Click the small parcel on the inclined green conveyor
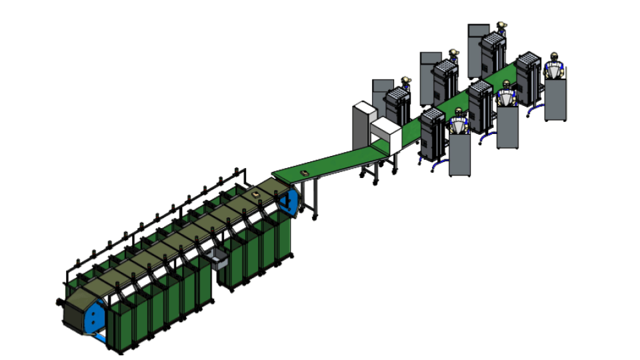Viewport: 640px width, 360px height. pos(305,173)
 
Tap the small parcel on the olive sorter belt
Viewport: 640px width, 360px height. pos(257,194)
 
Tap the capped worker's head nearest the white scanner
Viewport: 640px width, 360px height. pos(405,81)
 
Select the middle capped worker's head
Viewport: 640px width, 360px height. pos(453,52)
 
